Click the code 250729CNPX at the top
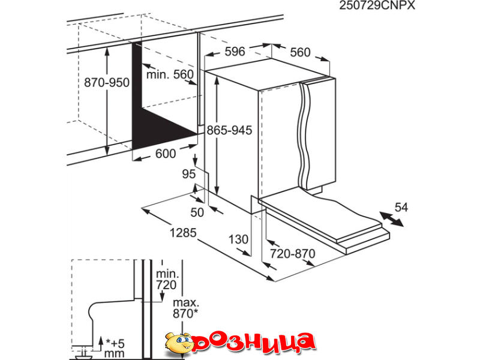(377, 5)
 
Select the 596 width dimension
(235, 52)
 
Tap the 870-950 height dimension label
(107, 83)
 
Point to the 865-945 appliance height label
(229, 130)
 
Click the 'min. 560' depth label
(170, 74)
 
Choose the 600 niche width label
(166, 154)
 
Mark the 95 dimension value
(188, 174)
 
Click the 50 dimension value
(197, 212)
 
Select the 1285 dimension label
(183, 233)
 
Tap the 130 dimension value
(238, 239)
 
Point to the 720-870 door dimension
(292, 253)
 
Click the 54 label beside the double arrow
(401, 207)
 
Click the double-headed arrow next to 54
(391, 219)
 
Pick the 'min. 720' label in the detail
(167, 279)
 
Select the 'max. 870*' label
(186, 308)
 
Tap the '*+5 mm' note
(115, 349)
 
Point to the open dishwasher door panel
(323, 222)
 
